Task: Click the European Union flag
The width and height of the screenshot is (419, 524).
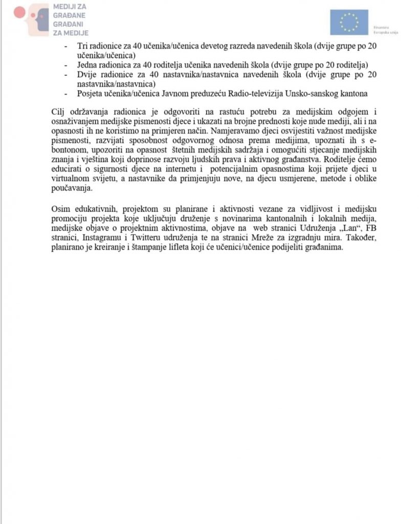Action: (349, 22)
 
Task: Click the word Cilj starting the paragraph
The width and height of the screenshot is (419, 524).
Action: (59, 112)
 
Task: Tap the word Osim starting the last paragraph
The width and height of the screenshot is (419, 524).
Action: (60, 210)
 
